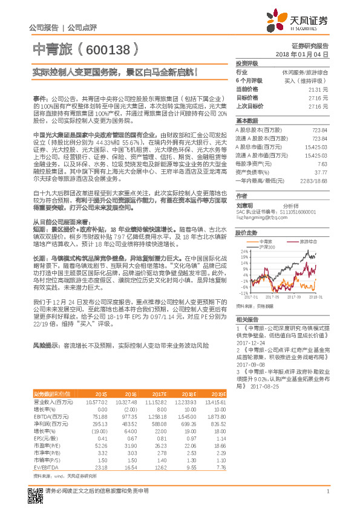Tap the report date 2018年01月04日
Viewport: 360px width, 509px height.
(307, 54)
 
